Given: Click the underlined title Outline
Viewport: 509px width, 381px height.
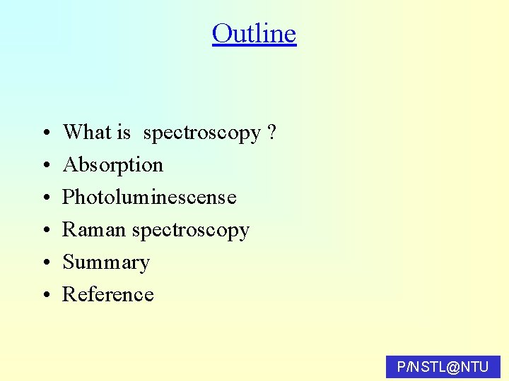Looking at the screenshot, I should (x=254, y=34).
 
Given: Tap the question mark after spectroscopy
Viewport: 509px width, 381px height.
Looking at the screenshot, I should (x=272, y=132).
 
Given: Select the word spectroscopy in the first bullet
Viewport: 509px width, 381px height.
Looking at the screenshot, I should (x=202, y=133).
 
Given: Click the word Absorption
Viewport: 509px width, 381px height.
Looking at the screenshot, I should (x=113, y=165).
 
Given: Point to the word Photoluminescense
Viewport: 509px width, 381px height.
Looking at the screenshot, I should (x=149, y=197).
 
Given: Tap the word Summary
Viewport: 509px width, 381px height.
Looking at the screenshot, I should (x=106, y=262).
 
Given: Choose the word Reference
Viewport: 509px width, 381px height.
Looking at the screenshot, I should (x=108, y=294).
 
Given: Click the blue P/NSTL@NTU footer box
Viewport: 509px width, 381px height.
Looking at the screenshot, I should (x=443, y=367).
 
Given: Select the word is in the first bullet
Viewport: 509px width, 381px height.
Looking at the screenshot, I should (x=124, y=132).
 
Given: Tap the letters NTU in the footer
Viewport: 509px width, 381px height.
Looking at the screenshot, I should (x=474, y=367).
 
